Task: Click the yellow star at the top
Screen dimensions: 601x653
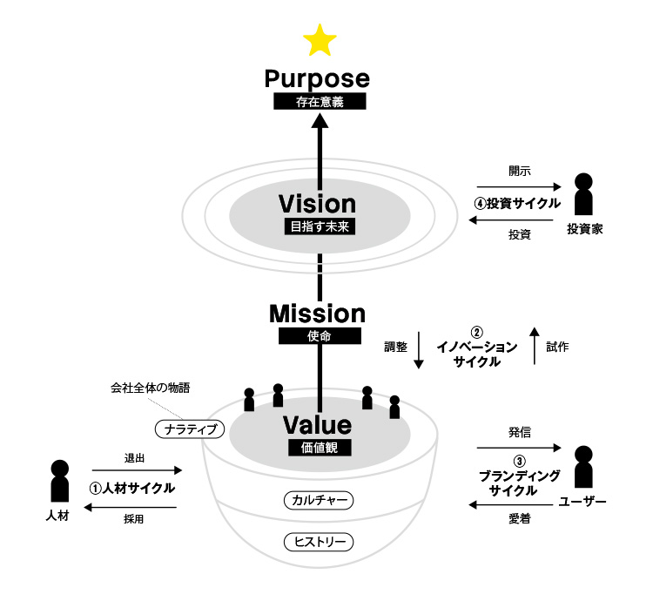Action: (x=320, y=40)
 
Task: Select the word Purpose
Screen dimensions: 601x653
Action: (x=318, y=79)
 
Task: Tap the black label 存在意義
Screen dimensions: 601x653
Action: (x=318, y=102)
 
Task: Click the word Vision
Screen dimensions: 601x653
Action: (x=318, y=204)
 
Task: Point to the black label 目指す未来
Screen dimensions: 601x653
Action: (x=318, y=227)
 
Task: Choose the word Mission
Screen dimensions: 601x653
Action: (x=318, y=313)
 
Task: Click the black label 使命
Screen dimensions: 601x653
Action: (x=318, y=335)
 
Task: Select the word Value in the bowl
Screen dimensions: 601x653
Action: (x=318, y=425)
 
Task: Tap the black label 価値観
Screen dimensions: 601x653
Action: (x=318, y=448)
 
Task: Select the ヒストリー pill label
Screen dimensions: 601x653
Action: (x=320, y=542)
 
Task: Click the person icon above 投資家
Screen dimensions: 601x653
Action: (x=584, y=193)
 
